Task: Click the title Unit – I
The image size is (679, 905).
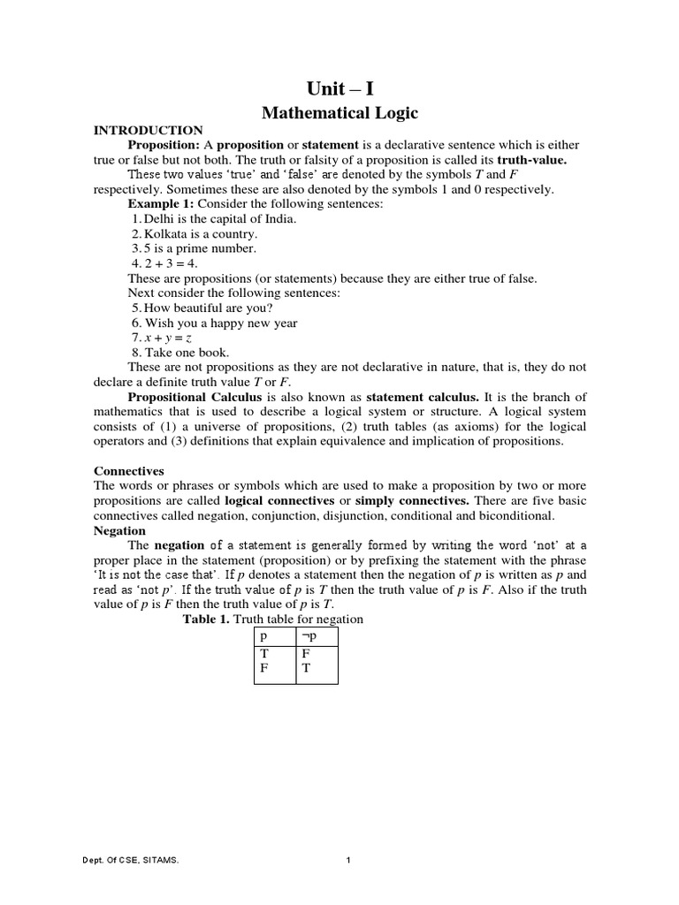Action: pos(339,88)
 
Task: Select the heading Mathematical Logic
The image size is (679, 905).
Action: pos(339,113)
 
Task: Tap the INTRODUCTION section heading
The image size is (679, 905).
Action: pos(149,130)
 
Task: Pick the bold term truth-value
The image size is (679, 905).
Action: pos(531,160)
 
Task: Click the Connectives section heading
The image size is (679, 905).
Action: pos(129,471)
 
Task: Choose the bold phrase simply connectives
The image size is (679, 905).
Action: pos(420,501)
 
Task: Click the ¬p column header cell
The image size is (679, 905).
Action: pos(317,636)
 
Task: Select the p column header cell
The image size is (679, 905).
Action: pos(274,636)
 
